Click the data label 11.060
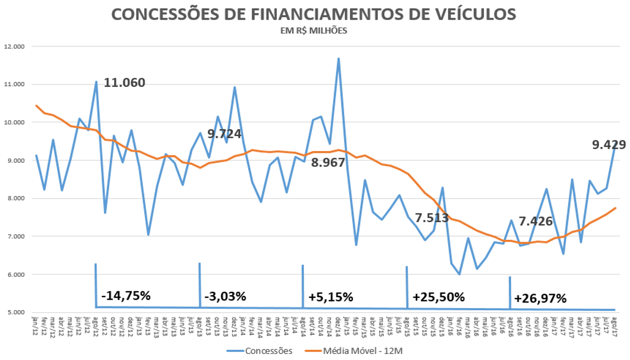[x=124, y=83]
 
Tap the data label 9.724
[x=224, y=134]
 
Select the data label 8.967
[x=328, y=163]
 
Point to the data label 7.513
[x=432, y=218]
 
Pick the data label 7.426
[x=536, y=221]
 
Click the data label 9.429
[x=609, y=145]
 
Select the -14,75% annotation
[x=126, y=296]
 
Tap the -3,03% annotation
[x=225, y=296]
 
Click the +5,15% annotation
[x=331, y=297]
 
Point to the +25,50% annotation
[x=439, y=297]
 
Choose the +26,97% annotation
[x=540, y=298]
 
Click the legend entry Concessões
[x=269, y=351]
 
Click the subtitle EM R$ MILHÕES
[x=314, y=31]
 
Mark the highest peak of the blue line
[x=338, y=59]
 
